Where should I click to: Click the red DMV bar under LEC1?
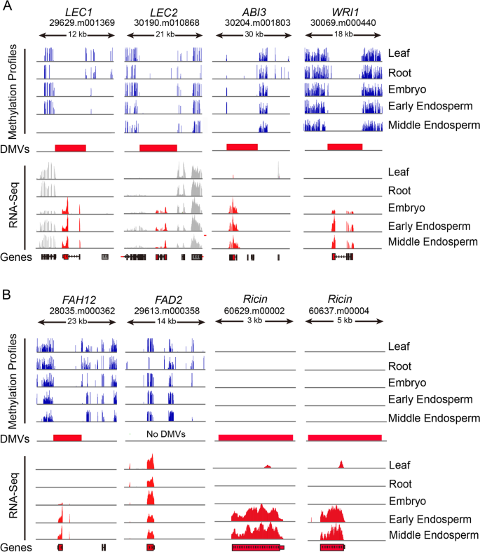[x=70, y=148]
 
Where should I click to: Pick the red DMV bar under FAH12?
[x=67, y=437]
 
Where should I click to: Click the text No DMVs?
[x=163, y=434]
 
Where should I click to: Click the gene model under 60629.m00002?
[x=258, y=546]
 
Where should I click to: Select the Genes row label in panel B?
[x=15, y=546]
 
